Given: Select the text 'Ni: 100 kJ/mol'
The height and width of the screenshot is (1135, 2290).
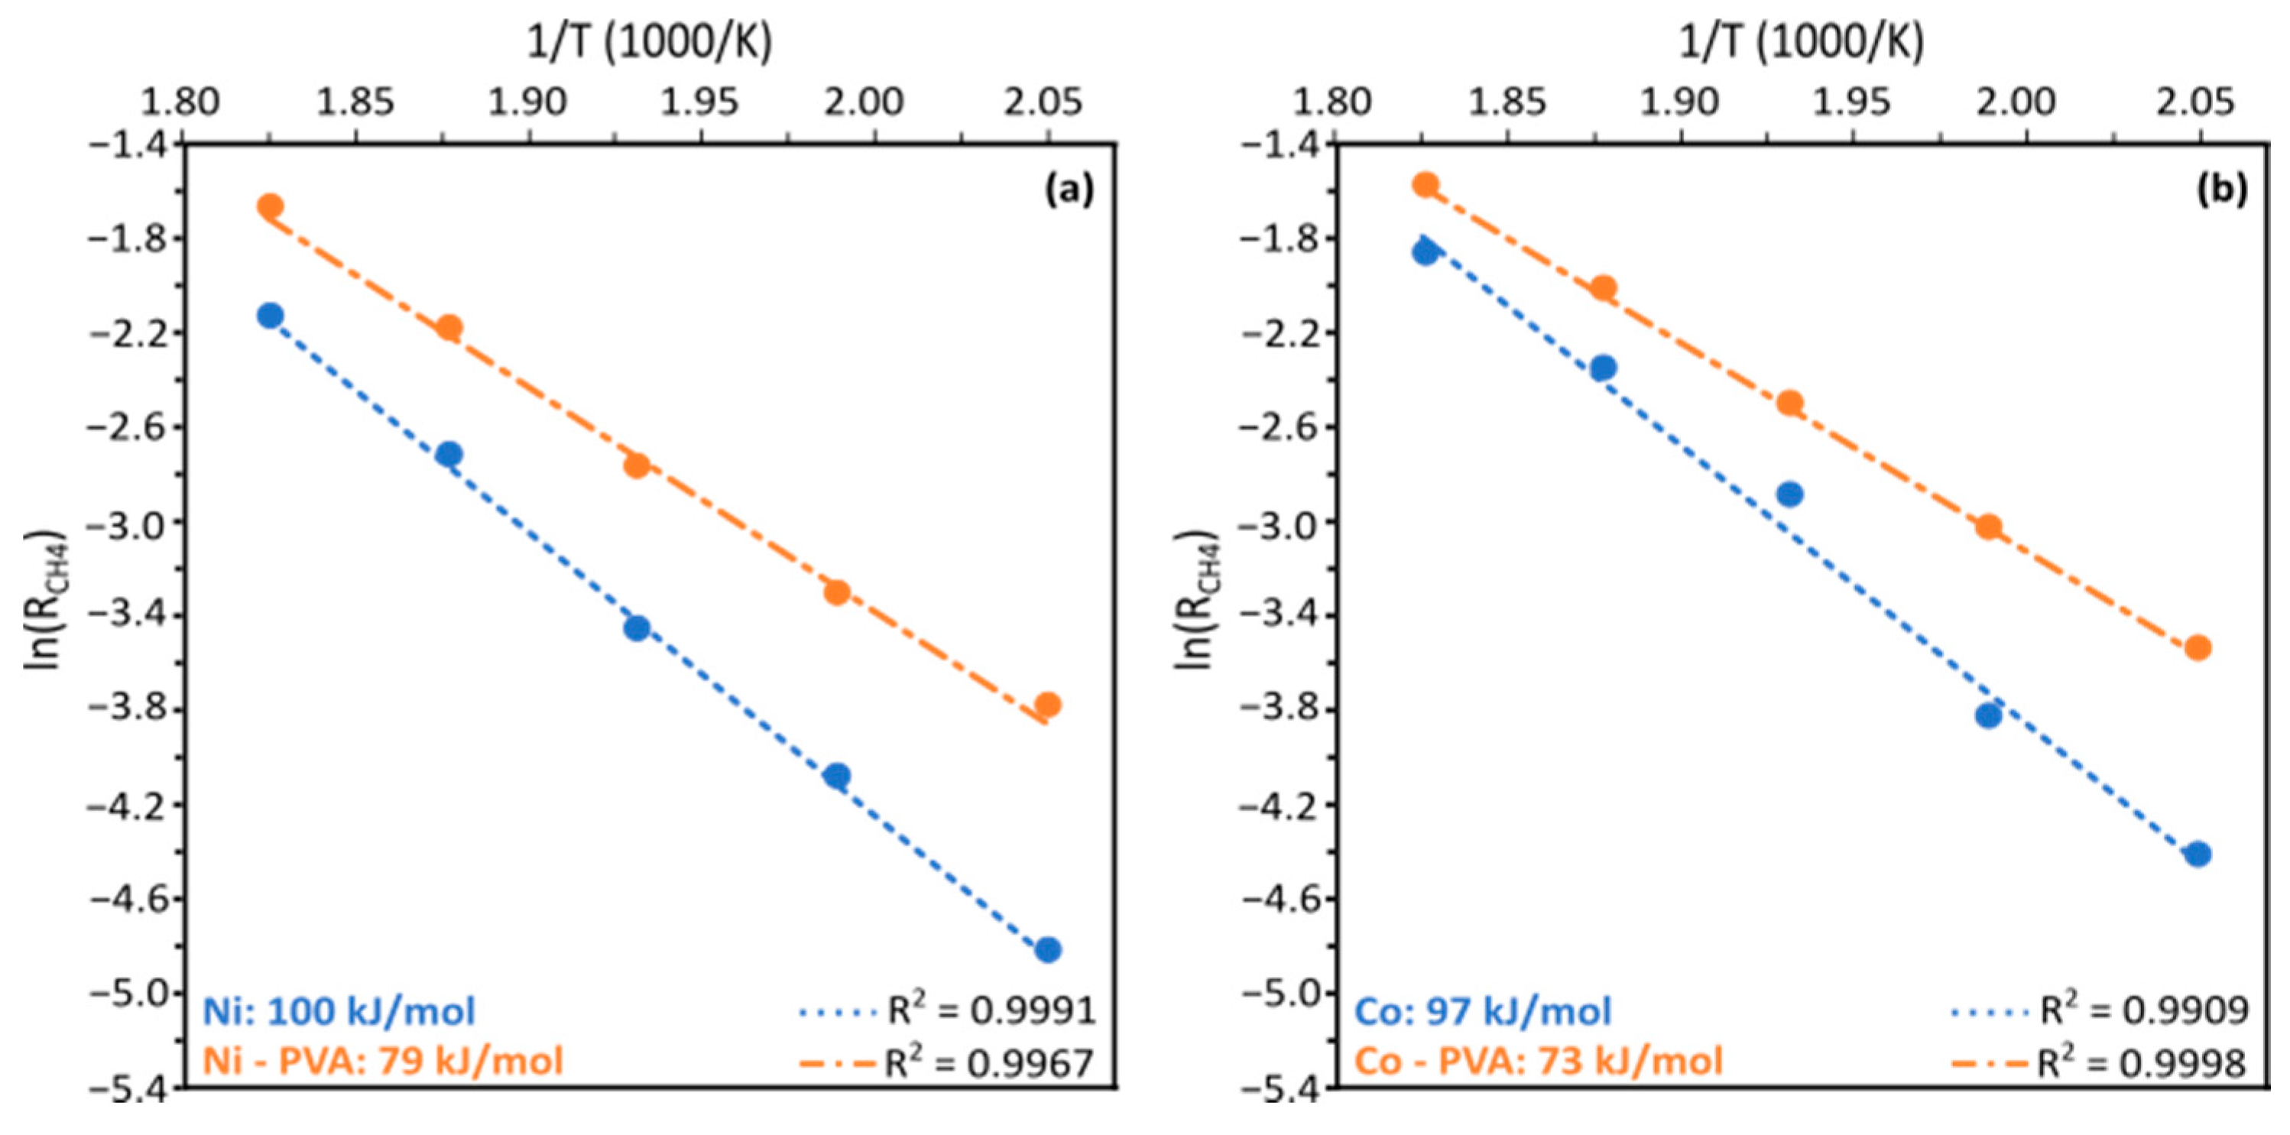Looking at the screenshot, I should point(339,1011).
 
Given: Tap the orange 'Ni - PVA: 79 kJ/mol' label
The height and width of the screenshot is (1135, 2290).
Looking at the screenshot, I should point(383,1061).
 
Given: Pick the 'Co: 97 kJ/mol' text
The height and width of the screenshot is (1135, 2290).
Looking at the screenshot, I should point(1483,1011).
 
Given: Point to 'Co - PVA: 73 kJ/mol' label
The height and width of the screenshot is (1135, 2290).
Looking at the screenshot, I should point(1539,1061).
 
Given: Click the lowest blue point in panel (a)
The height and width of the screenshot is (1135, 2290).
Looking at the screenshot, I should point(1048,950).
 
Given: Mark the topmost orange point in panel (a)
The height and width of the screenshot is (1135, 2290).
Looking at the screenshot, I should point(271,206).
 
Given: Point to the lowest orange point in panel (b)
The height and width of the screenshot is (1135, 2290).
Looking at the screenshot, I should point(2198,647).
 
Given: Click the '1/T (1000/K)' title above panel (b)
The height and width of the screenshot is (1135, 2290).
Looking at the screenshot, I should point(1801,42).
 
